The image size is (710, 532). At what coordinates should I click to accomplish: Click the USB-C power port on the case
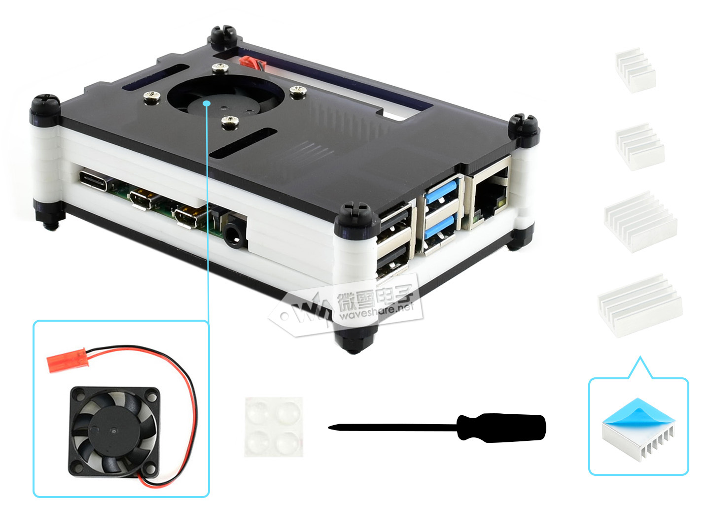tap(93, 181)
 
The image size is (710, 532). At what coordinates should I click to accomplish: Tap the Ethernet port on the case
tap(490, 196)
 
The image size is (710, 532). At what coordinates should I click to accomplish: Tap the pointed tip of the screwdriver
tap(329, 428)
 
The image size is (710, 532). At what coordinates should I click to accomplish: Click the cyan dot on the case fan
tap(207, 103)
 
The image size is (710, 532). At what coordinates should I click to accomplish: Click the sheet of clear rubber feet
tap(273, 427)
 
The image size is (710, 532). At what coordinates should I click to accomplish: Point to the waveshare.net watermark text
tap(377, 311)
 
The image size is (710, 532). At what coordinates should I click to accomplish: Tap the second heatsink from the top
tap(639, 146)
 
